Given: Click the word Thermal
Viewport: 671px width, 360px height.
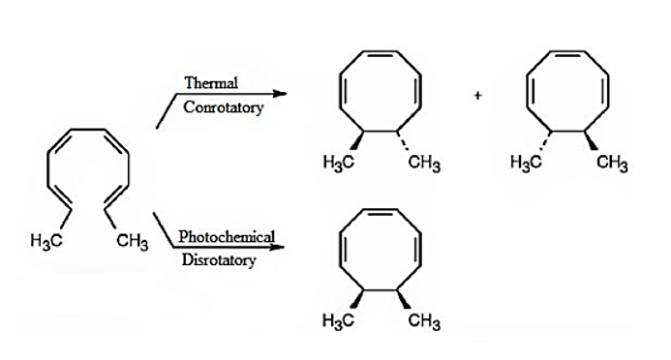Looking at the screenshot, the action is pos(211,82).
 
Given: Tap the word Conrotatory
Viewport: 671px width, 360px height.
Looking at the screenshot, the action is pos(224,107).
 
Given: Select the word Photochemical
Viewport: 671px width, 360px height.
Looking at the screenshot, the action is pos(227,236).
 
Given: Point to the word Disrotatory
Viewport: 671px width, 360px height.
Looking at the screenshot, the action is pos(219,260).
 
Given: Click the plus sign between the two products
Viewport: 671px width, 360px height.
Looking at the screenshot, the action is pos(478,96).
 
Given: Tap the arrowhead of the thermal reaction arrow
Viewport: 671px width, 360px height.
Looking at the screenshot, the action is pos(280,94).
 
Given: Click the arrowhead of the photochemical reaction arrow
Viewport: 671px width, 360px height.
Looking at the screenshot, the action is pos(278,247).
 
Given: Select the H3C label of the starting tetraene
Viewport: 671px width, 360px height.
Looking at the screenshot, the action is pos(46,241).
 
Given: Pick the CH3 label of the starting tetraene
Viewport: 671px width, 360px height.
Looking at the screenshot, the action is pos(133,242).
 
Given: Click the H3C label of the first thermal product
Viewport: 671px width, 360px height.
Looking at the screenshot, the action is pos(339,163).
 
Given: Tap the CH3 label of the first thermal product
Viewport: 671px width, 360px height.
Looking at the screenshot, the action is pos(424,163).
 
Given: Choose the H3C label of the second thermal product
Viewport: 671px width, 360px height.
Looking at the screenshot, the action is pos(526,163).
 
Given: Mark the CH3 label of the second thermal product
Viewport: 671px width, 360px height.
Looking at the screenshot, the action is pos(612,163).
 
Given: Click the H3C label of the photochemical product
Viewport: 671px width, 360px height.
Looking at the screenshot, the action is pos(339,320).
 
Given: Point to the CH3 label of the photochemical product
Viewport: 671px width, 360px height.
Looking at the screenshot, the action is pos(424,320).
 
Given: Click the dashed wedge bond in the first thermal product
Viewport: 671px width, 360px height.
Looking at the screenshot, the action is pos(403,140).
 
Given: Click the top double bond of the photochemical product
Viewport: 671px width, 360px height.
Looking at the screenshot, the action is pos(381,211).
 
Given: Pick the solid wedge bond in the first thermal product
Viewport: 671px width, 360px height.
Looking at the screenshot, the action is pos(357,140).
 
